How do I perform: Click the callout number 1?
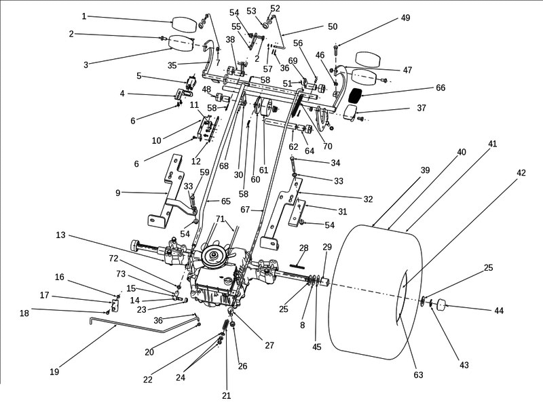84,16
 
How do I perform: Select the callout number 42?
521,174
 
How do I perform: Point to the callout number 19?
55,371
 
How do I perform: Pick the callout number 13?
60,235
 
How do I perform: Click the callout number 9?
118,193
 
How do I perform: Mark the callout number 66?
441,88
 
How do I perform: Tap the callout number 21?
227,395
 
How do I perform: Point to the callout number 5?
138,76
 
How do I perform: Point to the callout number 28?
303,248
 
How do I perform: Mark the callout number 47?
426,70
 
